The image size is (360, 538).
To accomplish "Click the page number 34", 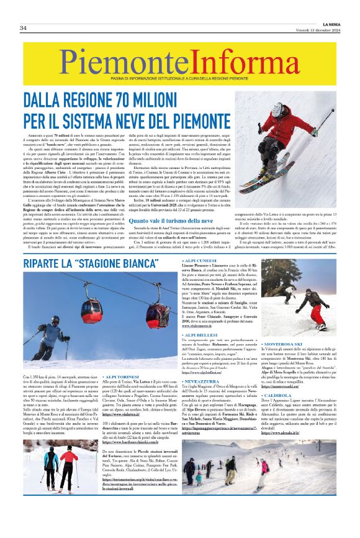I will tap(22, 28).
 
